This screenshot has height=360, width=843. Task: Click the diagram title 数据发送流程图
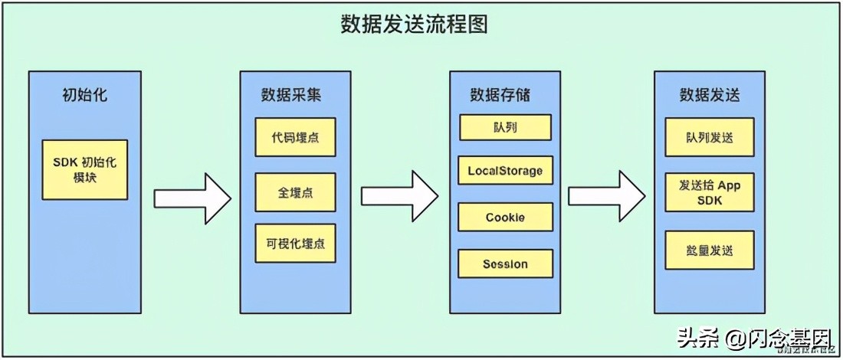pyautogui.click(x=415, y=25)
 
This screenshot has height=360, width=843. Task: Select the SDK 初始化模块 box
pyautogui.click(x=85, y=169)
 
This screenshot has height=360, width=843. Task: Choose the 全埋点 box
pyautogui.click(x=296, y=192)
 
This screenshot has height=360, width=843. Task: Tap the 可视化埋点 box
pyautogui.click(x=296, y=244)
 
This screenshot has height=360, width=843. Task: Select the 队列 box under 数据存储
pyautogui.click(x=505, y=127)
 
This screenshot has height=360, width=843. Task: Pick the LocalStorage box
pyautogui.click(x=505, y=171)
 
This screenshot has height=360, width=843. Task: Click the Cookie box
pyautogui.click(x=505, y=218)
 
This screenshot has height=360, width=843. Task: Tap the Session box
pyautogui.click(x=505, y=264)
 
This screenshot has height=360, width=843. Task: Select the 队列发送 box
pyautogui.click(x=710, y=137)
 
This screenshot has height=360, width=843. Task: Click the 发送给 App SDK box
pyautogui.click(x=710, y=193)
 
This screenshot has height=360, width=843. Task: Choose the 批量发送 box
pyautogui.click(x=710, y=250)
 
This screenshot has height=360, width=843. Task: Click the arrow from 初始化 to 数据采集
pyautogui.click(x=192, y=198)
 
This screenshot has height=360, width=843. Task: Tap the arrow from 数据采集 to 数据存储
pyautogui.click(x=399, y=197)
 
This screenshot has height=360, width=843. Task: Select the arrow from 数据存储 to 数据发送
pyautogui.click(x=605, y=197)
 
